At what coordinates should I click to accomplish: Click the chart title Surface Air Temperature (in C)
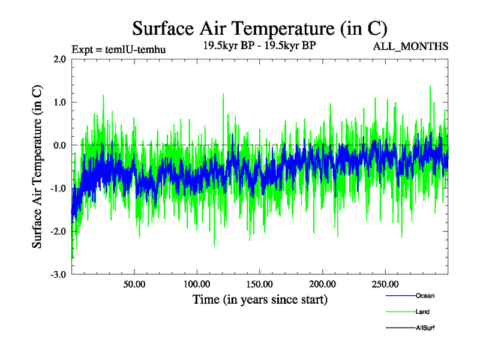coord(260,28)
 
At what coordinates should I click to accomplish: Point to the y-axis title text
coord(37,166)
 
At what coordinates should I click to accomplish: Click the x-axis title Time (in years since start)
coord(260,299)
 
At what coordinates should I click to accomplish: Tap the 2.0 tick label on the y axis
coord(59,59)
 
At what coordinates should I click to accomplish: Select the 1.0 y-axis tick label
coord(59,103)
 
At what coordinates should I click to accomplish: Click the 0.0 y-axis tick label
coord(59,145)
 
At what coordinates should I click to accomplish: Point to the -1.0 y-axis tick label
coord(58,188)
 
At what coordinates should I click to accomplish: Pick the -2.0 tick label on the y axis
coord(58,232)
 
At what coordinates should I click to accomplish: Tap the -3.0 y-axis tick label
coord(58,275)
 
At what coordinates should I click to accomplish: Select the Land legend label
coord(422,312)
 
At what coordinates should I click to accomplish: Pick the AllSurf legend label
coord(425,328)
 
